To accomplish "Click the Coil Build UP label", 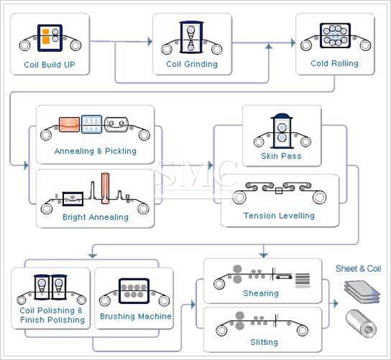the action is [x=49, y=65].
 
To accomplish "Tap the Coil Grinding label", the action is [x=192, y=65].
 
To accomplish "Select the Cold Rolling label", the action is [x=334, y=63].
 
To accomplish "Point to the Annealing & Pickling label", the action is [x=95, y=151].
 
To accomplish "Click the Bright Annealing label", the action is [x=95, y=217].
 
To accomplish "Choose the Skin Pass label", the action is [x=282, y=156].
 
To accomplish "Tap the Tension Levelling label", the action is [x=279, y=216].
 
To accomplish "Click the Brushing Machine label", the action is [x=136, y=317].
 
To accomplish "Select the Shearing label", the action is [x=261, y=293].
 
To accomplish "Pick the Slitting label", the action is [x=264, y=342].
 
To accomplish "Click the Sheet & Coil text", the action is [x=358, y=268].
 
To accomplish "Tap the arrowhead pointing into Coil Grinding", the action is [x=150, y=41].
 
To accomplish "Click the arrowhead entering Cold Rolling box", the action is [x=293, y=43].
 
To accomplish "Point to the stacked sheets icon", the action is [x=362, y=292].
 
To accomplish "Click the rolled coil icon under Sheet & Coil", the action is [x=361, y=324].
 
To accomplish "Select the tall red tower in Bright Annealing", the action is [x=105, y=188].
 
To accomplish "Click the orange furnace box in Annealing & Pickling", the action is [x=69, y=124].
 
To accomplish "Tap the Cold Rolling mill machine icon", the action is [x=335, y=36].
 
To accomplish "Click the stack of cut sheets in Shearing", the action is [x=303, y=280].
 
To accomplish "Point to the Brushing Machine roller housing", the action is [x=134, y=291].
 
